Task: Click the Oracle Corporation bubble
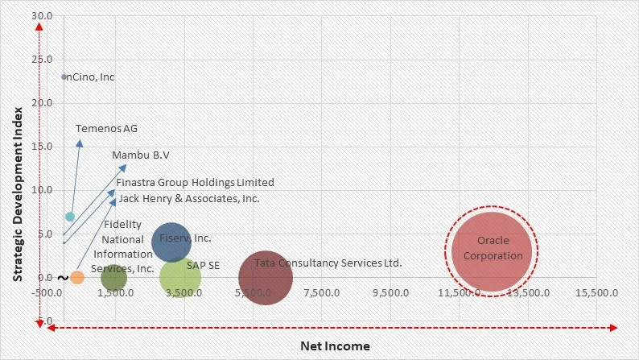click(493, 250)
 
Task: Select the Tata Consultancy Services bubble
click(266, 278)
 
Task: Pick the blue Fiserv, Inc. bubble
click(171, 242)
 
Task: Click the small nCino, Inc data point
click(64, 77)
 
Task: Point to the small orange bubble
click(77, 277)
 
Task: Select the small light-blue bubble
click(70, 217)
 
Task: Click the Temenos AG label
click(107, 129)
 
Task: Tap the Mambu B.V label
click(141, 155)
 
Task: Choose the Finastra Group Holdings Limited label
click(195, 183)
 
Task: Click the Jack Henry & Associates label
click(189, 198)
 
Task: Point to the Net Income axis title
click(336, 346)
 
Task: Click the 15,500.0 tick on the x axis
click(597, 293)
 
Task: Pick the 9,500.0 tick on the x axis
click(391, 293)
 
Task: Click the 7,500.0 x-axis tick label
click(323, 293)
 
